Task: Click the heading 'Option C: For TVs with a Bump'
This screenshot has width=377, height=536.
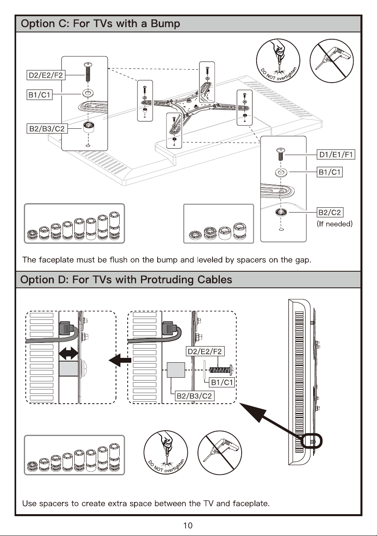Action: [100, 24]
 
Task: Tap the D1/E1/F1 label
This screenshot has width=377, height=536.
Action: [336, 155]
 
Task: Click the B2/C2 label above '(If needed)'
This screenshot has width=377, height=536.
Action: [330, 212]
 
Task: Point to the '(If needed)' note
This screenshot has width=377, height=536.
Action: [335, 224]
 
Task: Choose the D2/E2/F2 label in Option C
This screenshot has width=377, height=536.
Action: [46, 75]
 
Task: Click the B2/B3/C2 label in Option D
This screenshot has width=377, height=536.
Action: [194, 396]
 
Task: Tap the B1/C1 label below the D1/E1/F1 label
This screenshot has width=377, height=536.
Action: [330, 172]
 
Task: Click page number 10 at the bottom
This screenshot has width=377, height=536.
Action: [188, 525]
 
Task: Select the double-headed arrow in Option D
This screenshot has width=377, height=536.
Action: [69, 353]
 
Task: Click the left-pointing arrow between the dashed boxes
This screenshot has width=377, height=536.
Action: [120, 360]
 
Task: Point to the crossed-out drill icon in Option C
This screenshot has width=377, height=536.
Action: [332, 61]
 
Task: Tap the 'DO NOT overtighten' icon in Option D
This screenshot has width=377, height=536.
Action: [166, 453]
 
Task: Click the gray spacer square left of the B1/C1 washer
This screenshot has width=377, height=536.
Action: [176, 370]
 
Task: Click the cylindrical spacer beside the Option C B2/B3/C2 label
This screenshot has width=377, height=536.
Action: [88, 128]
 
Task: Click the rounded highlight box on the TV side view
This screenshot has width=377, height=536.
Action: [311, 440]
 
